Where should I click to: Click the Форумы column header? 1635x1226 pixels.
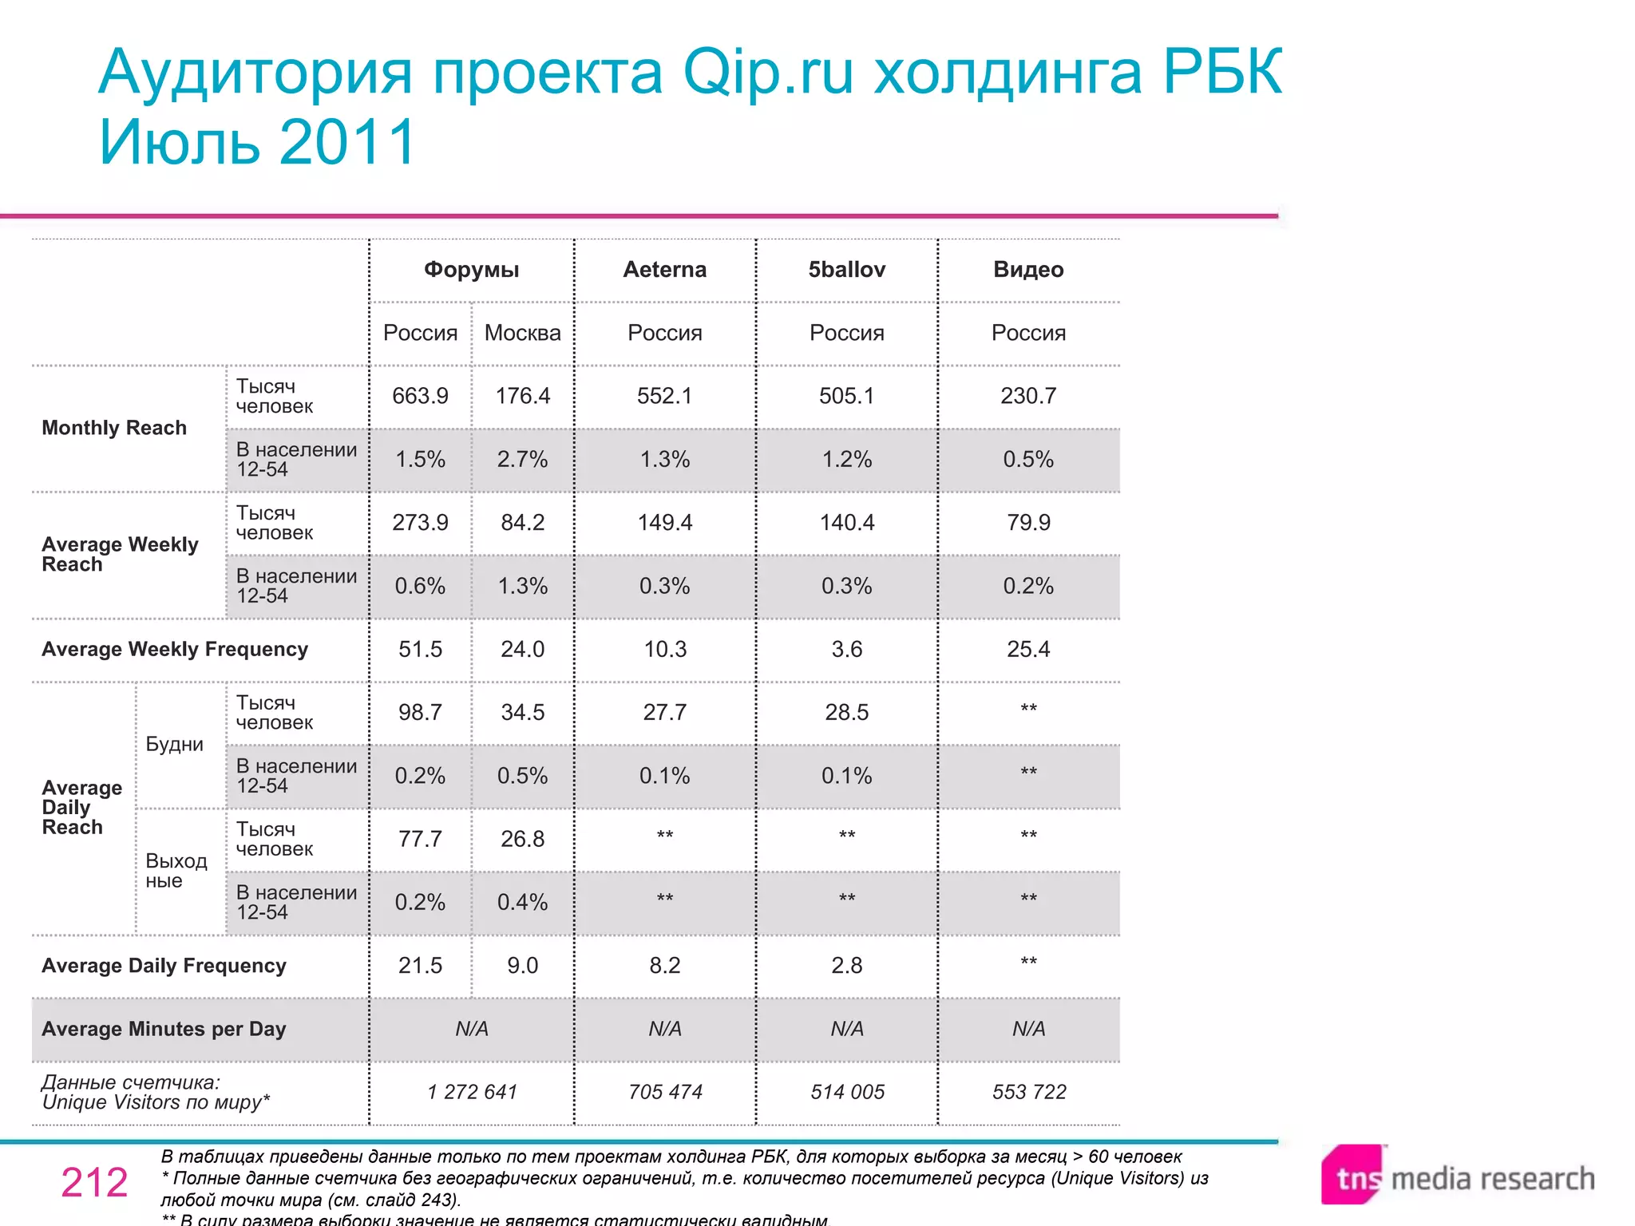tap(471, 270)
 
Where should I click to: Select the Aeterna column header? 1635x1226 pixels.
tap(664, 270)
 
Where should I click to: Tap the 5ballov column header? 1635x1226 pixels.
tap(846, 270)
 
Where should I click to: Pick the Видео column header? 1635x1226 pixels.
tap(1028, 270)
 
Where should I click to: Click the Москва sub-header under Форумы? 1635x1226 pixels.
tap(522, 333)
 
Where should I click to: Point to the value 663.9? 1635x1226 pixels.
tap(420, 396)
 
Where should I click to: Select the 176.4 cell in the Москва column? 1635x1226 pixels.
tap(522, 396)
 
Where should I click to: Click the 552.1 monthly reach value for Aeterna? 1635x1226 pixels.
tap(664, 396)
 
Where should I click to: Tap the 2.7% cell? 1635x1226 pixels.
tap(522, 460)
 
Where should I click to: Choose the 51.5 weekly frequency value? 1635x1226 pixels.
tap(420, 649)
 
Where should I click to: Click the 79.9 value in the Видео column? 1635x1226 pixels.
tap(1028, 523)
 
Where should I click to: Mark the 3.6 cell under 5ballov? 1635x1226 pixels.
tap(846, 649)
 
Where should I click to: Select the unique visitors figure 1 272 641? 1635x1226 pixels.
tap(472, 1092)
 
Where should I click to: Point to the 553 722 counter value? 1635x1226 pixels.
tap(1028, 1092)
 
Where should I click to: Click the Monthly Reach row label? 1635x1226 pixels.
tap(114, 428)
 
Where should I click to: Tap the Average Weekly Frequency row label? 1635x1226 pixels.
tap(174, 649)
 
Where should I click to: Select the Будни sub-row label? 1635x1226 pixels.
tap(174, 744)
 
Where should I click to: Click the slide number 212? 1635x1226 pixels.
tap(94, 1182)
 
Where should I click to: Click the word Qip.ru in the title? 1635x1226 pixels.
tap(768, 73)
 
